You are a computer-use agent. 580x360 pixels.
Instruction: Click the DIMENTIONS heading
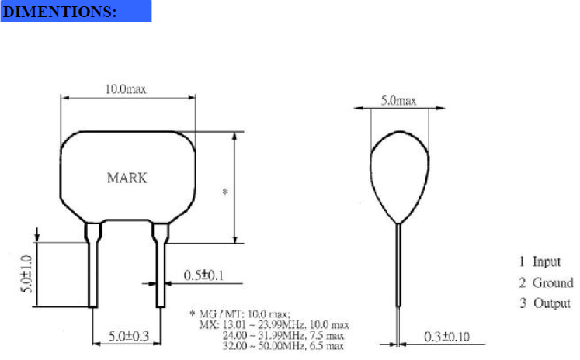point(59,12)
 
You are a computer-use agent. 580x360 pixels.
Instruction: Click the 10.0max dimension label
point(126,89)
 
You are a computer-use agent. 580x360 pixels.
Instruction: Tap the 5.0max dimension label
point(399,101)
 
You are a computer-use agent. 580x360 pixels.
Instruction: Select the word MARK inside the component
point(127,178)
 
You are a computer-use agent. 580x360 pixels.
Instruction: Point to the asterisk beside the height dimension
point(225,192)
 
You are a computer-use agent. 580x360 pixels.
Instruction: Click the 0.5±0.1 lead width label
point(203,275)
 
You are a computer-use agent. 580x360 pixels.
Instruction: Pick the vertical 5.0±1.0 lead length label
point(26,274)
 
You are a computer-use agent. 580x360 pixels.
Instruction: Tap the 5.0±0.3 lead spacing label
point(129,336)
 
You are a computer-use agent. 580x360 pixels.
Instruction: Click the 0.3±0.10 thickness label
point(446,337)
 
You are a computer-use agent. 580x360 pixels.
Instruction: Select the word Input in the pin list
point(547,261)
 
